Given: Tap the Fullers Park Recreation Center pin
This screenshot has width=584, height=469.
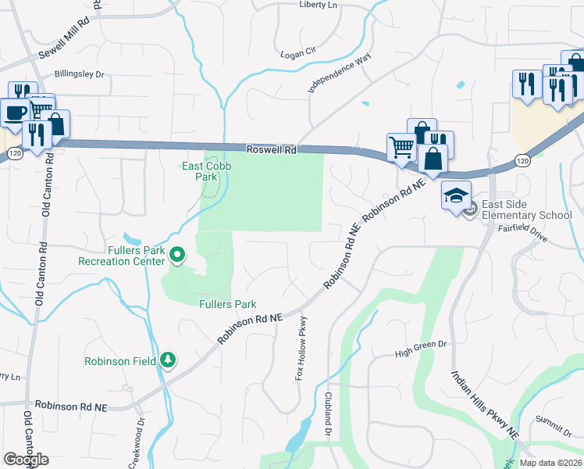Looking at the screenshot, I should tap(177, 254).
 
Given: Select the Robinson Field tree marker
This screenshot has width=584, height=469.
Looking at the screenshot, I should tap(167, 360).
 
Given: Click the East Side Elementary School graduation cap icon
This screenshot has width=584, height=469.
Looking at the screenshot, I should tap(455, 195).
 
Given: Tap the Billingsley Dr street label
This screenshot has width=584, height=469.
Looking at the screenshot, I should tap(79, 74).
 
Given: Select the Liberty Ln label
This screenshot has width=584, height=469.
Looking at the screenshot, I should tap(319, 5).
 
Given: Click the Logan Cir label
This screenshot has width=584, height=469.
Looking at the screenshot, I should tap(298, 51).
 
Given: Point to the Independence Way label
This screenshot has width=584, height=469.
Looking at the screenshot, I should tap(339, 73).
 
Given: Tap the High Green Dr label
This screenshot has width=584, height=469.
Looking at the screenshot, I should tap(420, 344).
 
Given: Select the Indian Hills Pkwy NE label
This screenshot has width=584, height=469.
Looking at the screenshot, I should tap(484, 403).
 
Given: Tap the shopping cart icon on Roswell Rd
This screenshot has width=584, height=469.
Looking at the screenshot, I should tap(401, 147).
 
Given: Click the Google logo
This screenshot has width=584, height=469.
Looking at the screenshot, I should tap(26, 460).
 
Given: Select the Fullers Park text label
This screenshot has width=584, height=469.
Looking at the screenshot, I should tap(228, 304).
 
